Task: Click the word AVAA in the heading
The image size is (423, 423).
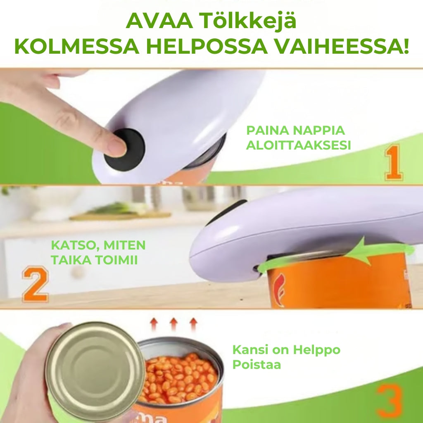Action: coord(159,21)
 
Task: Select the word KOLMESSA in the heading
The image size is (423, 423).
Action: coord(76,47)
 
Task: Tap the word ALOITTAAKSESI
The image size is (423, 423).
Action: coord(298,145)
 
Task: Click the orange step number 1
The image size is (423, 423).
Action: coord(394,162)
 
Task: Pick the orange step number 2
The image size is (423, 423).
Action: coord(36,284)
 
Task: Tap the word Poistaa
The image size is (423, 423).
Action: coord(257,365)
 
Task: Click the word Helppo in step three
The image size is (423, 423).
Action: coord(316,350)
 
